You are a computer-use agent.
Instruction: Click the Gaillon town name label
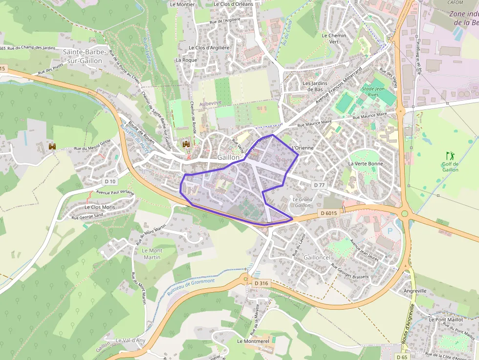[x=229, y=157]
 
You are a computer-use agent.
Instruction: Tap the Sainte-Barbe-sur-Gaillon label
[x=82, y=56]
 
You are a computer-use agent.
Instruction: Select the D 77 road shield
[x=319, y=185]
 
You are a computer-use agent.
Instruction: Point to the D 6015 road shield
[x=329, y=213]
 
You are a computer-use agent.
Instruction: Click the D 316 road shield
[x=261, y=283]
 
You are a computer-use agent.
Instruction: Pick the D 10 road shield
[x=110, y=181]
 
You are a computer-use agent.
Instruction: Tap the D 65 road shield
[x=402, y=357]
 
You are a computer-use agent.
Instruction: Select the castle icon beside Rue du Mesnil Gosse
[x=52, y=147]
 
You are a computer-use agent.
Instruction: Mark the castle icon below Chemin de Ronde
[x=186, y=144]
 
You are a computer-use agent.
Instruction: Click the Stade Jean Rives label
[x=373, y=92]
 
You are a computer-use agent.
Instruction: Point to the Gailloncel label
[x=317, y=257]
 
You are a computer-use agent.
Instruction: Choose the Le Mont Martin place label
[x=152, y=254]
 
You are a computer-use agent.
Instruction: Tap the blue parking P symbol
[x=390, y=231]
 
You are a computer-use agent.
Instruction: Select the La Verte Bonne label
[x=366, y=164]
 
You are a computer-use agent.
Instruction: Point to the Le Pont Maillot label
[x=445, y=319]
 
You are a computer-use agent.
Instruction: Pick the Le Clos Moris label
[x=99, y=207]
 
